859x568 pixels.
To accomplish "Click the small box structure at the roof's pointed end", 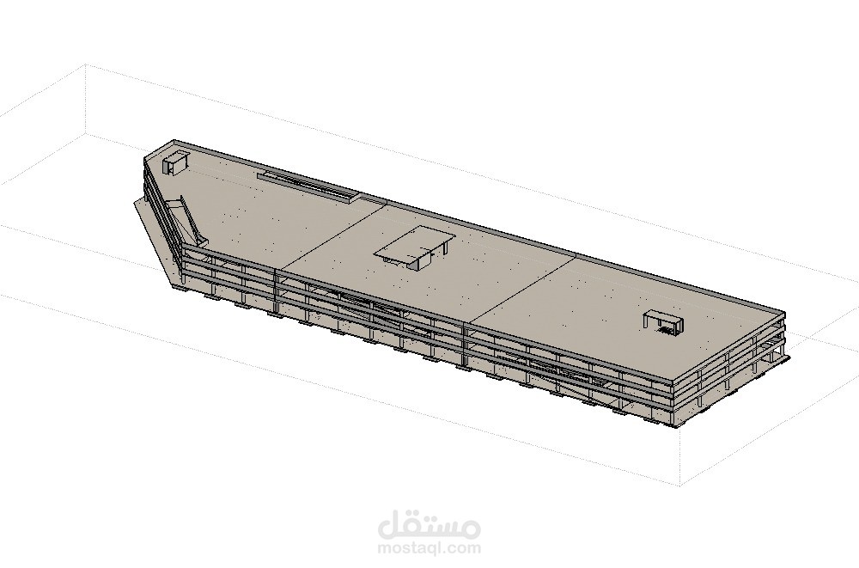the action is (x=175, y=163).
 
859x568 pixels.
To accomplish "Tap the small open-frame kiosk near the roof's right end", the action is (x=663, y=321).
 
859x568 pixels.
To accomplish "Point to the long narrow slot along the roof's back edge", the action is (x=308, y=186).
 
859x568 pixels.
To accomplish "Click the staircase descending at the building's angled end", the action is (x=187, y=220).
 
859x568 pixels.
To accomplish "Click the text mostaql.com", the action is (x=429, y=548).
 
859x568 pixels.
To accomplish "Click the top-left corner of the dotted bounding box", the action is (x=85, y=64).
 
